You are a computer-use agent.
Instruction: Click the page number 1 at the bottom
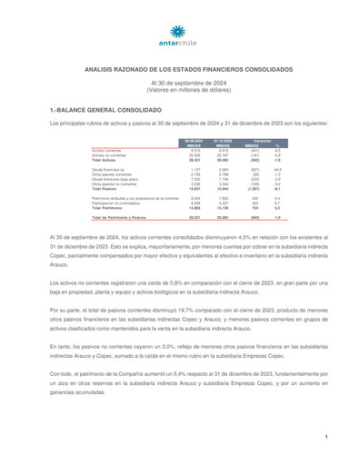pos(325,439)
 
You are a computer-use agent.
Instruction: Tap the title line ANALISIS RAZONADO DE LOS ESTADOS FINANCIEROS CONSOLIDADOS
pos(179,68)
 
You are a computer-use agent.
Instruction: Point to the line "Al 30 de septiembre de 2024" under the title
pos(179,82)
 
